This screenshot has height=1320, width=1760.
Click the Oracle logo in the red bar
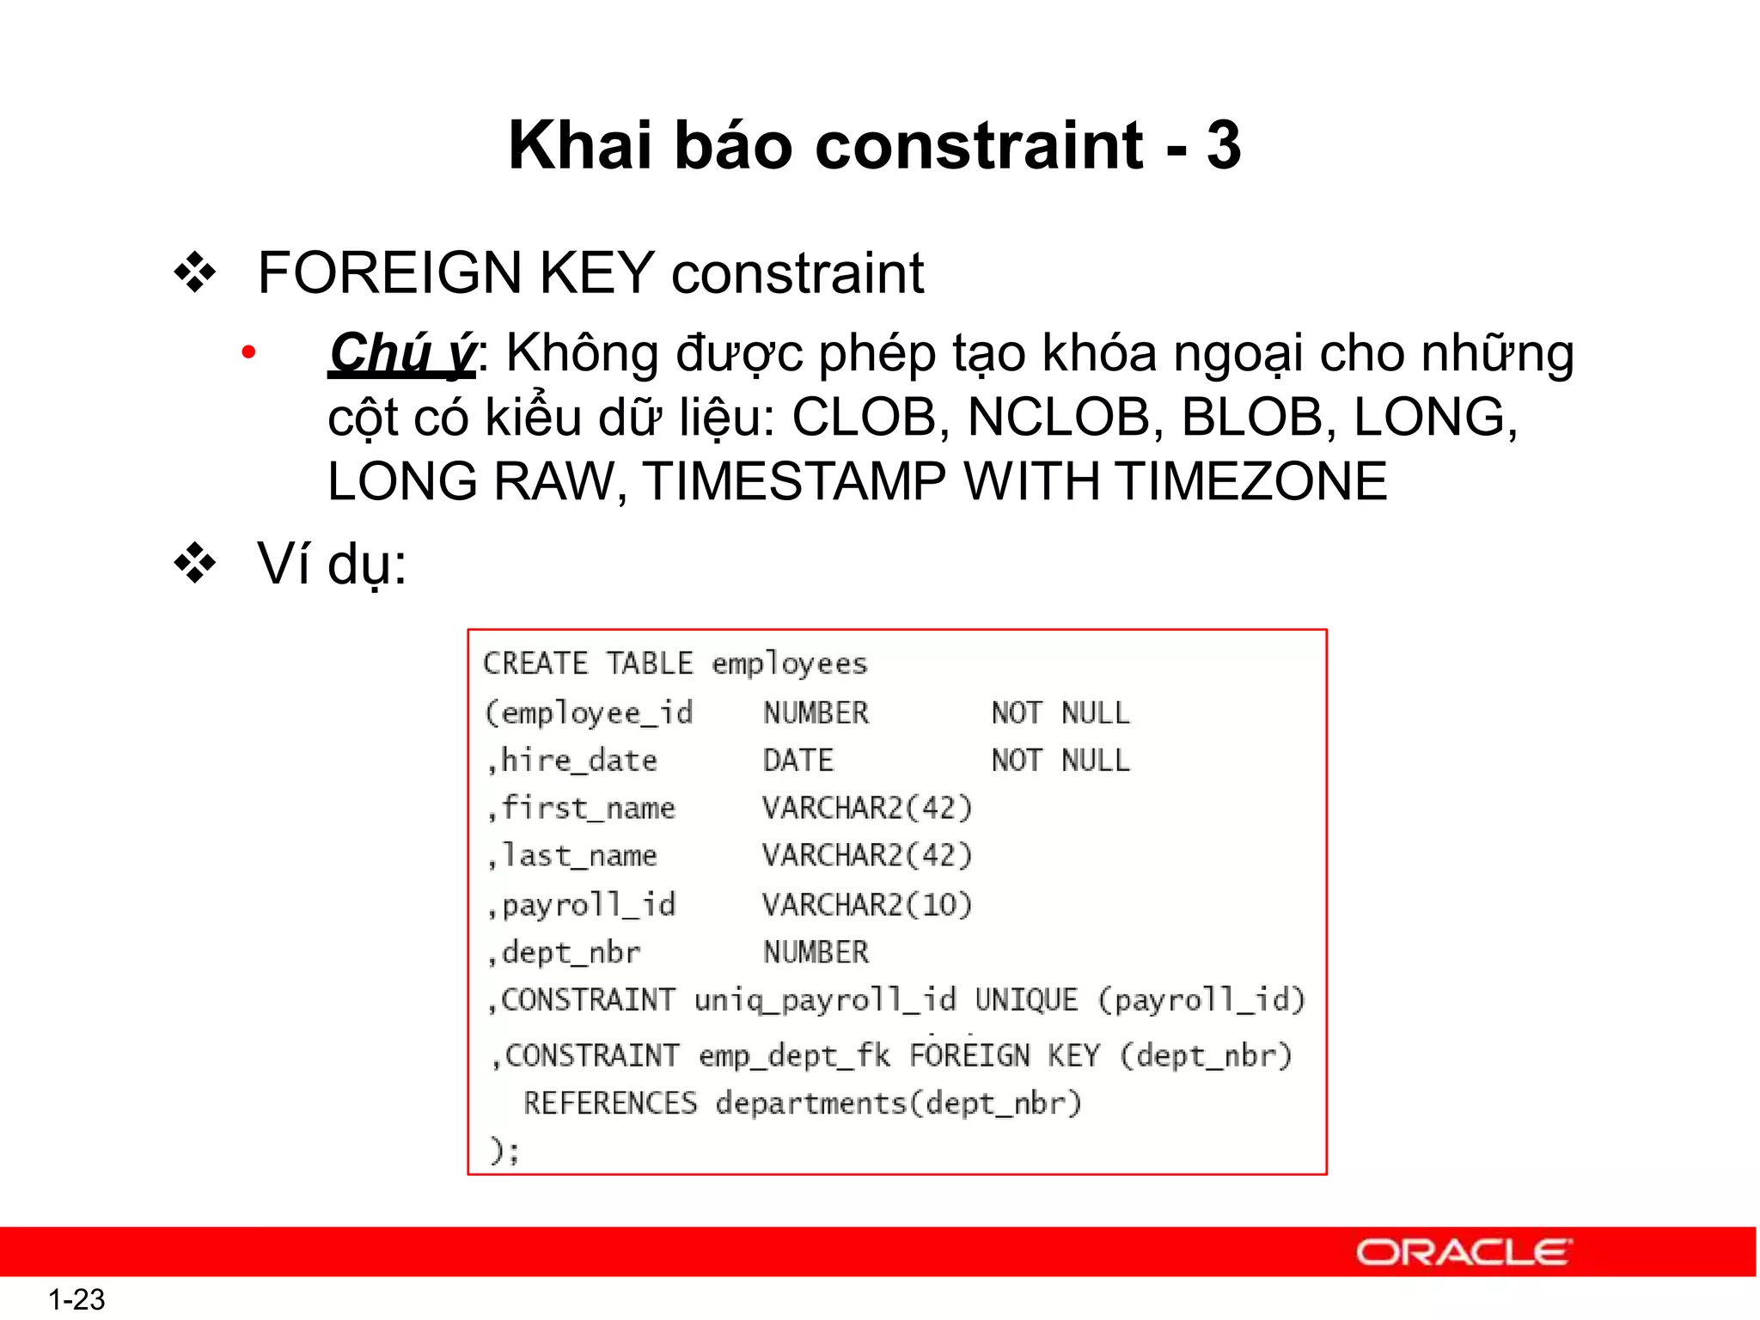[x=1464, y=1252]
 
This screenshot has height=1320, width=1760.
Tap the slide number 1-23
[x=76, y=1299]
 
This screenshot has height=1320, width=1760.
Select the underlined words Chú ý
[x=401, y=353]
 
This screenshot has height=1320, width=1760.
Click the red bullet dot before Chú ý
[x=248, y=352]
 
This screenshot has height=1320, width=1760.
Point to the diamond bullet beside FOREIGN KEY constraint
[x=195, y=273]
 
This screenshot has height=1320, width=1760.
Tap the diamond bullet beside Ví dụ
[x=195, y=565]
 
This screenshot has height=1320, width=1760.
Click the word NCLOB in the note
[x=1059, y=418]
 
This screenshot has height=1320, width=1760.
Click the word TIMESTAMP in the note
[x=794, y=480]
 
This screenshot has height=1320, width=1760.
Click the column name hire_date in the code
[x=578, y=761]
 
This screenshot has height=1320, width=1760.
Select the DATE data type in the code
[x=798, y=761]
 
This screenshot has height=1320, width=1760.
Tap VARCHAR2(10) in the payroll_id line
[x=867, y=904]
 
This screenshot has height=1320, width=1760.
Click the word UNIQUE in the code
[x=1026, y=999]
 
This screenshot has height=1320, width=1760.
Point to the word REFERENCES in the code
[x=610, y=1103]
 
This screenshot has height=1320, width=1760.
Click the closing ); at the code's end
[x=504, y=1150]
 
